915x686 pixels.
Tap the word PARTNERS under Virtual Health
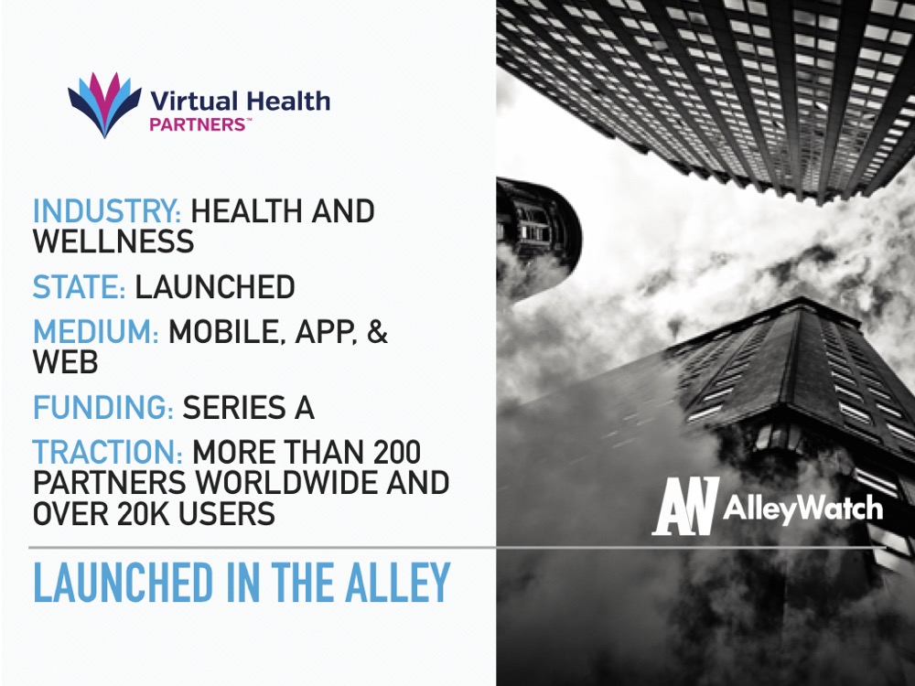pyautogui.click(x=198, y=124)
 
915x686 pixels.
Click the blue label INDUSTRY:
pyautogui.click(x=107, y=211)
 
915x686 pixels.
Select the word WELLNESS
pyautogui.click(x=113, y=241)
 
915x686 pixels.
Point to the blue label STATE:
pyautogui.click(x=79, y=287)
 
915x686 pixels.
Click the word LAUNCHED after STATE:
pyautogui.click(x=215, y=287)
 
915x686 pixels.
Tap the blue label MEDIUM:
pyautogui.click(x=96, y=332)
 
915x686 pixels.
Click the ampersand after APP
pyautogui.click(x=378, y=332)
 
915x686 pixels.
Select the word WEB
pyautogui.click(x=65, y=362)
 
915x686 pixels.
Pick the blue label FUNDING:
pyautogui.click(x=102, y=407)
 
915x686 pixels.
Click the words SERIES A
pyautogui.click(x=249, y=407)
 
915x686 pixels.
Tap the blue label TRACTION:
pyautogui.click(x=108, y=452)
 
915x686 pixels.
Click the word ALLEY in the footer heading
pyautogui.click(x=398, y=583)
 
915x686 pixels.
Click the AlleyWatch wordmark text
pyautogui.click(x=803, y=509)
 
